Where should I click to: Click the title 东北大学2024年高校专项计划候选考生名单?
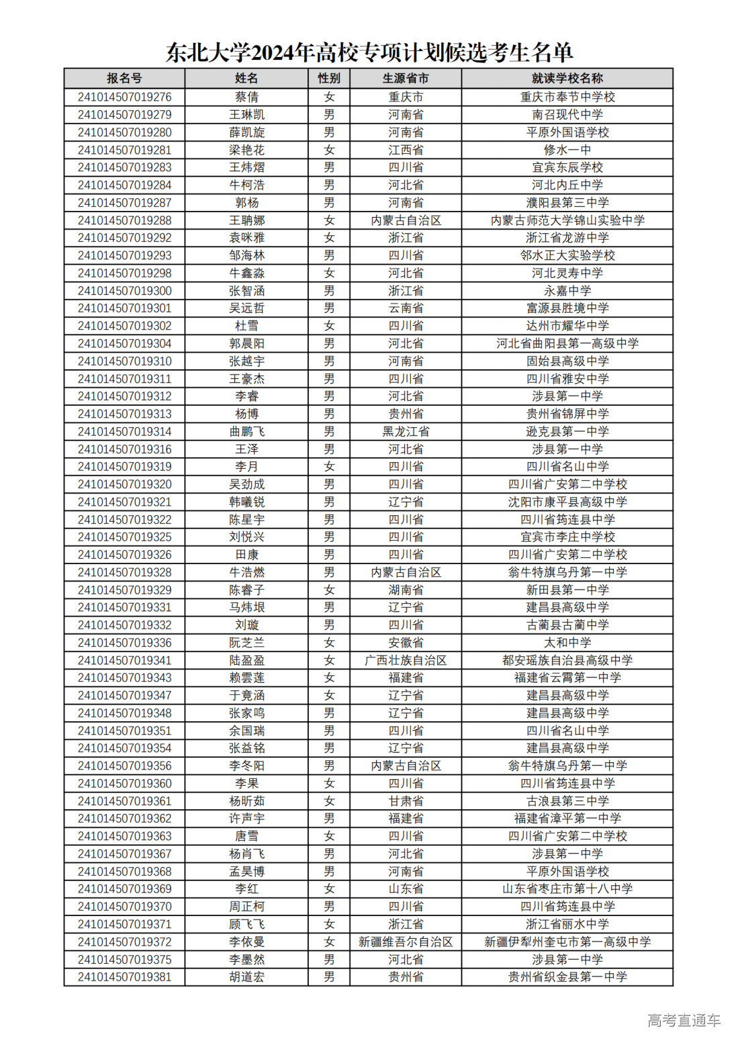click(369, 52)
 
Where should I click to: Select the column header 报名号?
click(124, 79)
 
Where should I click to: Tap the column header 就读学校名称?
click(567, 79)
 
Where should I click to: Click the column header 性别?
click(329, 79)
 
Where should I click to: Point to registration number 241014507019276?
click(124, 97)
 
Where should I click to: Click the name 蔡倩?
click(246, 97)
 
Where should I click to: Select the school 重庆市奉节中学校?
click(567, 97)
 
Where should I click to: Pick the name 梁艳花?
click(246, 150)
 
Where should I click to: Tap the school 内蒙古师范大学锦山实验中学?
click(567, 220)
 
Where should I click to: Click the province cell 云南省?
click(406, 308)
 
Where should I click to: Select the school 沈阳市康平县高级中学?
click(567, 502)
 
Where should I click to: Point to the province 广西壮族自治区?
click(406, 660)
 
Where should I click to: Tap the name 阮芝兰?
click(246, 643)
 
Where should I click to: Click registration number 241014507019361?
click(124, 801)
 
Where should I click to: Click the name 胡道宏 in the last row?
click(246, 977)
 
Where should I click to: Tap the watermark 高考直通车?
click(684, 1021)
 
